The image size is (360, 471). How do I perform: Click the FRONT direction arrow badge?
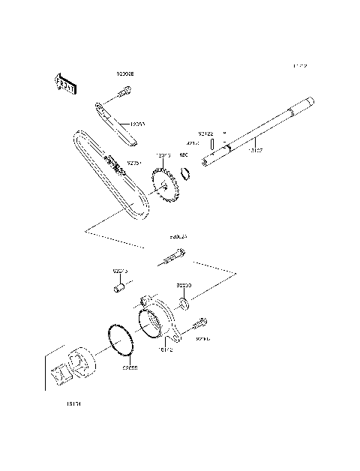pos(65,83)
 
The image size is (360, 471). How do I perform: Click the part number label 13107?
pos(256,150)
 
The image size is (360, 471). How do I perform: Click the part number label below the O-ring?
pos(130,367)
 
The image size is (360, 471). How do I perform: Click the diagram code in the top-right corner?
pos(299,67)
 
